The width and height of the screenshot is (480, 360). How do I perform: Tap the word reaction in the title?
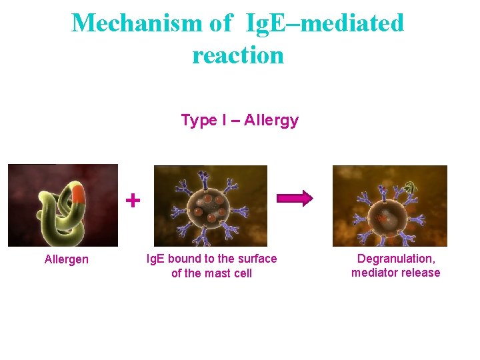pos(238,55)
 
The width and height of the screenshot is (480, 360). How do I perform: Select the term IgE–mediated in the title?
pos(325,23)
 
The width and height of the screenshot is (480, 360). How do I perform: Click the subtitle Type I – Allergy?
pos(239,121)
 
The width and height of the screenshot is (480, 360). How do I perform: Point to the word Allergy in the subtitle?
pos(271,121)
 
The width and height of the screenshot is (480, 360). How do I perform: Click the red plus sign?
pos(133,199)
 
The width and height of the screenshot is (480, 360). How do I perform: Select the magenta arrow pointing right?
pos(295,199)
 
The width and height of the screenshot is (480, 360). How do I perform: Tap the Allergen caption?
pos(66,259)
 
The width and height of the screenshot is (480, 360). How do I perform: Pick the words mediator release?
pos(396,273)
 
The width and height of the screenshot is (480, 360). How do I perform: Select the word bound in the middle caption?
pos(187,259)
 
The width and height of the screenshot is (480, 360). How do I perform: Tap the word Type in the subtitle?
pos(199,121)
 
